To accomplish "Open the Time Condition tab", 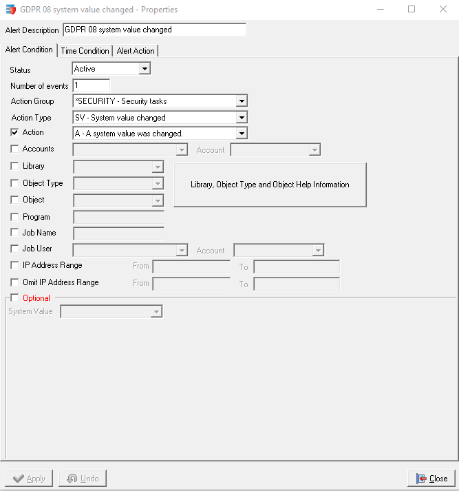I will (85, 51).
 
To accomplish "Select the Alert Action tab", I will (136, 51).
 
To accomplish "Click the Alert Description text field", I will (153, 30).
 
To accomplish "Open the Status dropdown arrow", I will (144, 69).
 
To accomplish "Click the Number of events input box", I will (91, 85).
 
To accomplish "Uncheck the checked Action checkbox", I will (15, 132).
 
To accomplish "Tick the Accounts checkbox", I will (15, 149).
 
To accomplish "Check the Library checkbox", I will (15, 166).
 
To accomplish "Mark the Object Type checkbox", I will (15, 183).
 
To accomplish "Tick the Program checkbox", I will (15, 217).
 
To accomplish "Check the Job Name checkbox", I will (15, 233).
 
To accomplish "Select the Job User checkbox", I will (15, 249).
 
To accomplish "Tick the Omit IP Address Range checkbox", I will (15, 282).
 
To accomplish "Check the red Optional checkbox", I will (15, 298).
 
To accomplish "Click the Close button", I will (431, 479).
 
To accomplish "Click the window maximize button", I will (412, 10).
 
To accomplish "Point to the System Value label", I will (30, 311).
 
